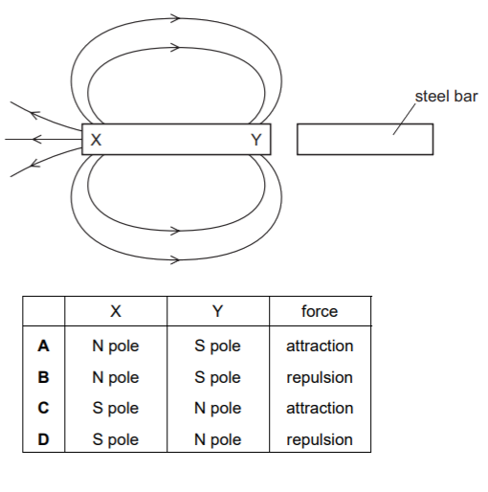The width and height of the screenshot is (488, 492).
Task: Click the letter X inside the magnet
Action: pyautogui.click(x=96, y=140)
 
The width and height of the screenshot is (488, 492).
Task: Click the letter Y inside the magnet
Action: pyautogui.click(x=256, y=140)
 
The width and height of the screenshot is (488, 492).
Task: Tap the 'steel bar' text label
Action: pyautogui.click(x=446, y=97)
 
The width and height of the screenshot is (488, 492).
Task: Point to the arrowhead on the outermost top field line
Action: pyautogui.click(x=175, y=18)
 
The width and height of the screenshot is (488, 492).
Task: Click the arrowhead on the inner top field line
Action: pyautogui.click(x=175, y=48)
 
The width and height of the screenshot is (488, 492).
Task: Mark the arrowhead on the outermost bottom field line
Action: pyautogui.click(x=175, y=259)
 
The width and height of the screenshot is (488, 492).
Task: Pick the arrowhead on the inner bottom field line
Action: pyautogui.click(x=175, y=231)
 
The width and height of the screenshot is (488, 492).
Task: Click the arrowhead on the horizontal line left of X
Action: pyautogui.click(x=36, y=139)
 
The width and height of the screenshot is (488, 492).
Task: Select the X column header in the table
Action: pyautogui.click(x=116, y=311)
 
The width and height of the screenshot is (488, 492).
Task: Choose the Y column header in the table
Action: pyautogui.click(x=217, y=311)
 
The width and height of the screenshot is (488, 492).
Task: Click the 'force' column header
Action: pyautogui.click(x=320, y=311)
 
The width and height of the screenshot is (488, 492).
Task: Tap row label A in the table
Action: pyautogui.click(x=43, y=346)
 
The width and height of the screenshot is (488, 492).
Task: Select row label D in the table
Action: pyautogui.click(x=43, y=439)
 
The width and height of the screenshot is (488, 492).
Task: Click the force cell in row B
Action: pyautogui.click(x=320, y=378)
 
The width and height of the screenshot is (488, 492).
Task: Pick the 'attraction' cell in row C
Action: pyautogui.click(x=320, y=408)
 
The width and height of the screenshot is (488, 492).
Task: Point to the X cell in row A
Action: pyautogui.click(x=116, y=347)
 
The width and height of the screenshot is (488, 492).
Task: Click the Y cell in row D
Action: pyautogui.click(x=217, y=440)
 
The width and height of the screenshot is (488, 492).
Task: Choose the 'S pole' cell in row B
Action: pyautogui.click(x=217, y=378)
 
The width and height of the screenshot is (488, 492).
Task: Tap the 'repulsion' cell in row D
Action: pyautogui.click(x=320, y=440)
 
